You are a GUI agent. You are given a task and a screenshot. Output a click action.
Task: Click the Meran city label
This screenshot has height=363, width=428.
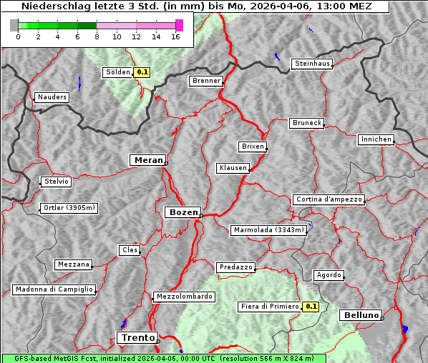147,160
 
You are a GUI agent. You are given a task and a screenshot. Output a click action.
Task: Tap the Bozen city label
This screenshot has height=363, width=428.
183,212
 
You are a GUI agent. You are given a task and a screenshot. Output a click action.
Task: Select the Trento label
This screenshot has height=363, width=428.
136,337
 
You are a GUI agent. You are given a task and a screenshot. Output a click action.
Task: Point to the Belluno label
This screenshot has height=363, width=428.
361,314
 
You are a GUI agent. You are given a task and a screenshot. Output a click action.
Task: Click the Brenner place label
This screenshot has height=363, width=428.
207,81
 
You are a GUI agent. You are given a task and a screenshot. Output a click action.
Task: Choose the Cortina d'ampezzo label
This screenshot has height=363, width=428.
329,199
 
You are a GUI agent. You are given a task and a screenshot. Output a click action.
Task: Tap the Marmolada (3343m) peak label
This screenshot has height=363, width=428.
269,230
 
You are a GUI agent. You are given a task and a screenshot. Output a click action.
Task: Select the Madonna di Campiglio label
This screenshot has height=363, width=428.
54,289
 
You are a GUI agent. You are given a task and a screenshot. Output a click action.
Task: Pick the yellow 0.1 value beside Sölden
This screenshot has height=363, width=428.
142,72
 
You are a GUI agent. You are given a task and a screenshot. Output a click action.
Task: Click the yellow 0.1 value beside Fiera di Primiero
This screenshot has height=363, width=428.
311,307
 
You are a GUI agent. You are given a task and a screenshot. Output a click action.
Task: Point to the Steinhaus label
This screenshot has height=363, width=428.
313,64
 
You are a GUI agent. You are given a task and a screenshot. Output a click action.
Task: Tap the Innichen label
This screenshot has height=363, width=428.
376,139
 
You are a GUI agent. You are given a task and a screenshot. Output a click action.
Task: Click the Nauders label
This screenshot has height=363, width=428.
52,97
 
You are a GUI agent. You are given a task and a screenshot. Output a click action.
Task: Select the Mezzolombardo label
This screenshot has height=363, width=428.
183,297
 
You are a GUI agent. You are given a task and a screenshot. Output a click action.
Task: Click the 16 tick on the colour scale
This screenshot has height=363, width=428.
176,36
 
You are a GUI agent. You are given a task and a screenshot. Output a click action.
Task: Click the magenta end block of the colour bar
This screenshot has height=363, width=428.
179,25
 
